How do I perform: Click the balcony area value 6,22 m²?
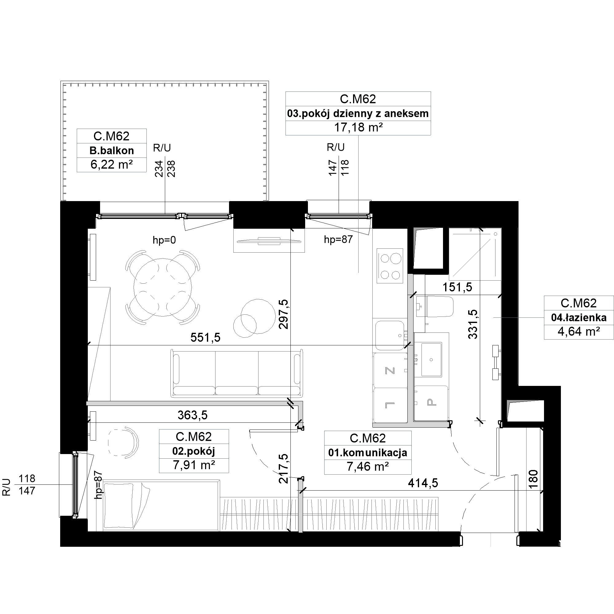click(111, 165)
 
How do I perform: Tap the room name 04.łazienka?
click(579, 317)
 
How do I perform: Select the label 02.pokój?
click(193, 451)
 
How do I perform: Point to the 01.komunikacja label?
click(368, 453)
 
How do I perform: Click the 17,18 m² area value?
click(358, 127)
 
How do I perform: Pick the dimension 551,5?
click(205, 337)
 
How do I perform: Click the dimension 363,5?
click(192, 415)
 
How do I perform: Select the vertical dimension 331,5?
click(473, 324)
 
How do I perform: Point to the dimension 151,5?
click(457, 287)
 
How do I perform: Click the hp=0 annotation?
click(164, 240)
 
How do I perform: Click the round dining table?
click(163, 287)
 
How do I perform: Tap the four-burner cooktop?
click(390, 266)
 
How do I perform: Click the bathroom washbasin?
click(431, 359)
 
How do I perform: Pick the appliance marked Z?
click(390, 370)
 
